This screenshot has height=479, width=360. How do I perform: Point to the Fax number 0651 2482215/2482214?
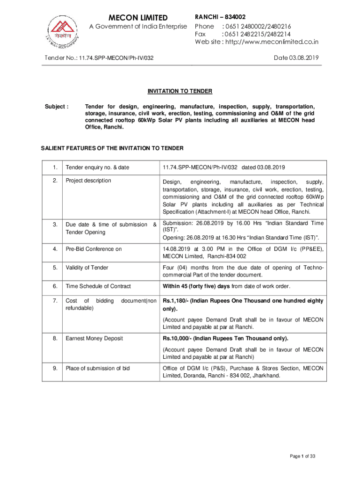coord(256,34)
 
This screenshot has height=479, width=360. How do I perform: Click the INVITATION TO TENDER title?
coord(180,91)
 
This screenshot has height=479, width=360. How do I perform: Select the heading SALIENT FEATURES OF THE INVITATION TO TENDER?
coord(112,148)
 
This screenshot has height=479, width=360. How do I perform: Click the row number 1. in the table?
coord(55,167)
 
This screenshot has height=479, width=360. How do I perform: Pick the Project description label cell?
coord(88,181)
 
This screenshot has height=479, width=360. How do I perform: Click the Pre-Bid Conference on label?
coord(94,249)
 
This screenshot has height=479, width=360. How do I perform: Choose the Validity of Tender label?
coord(87,268)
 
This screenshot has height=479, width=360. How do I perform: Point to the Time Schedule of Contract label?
coord(98,286)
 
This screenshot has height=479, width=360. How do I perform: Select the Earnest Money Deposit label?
coord(94,338)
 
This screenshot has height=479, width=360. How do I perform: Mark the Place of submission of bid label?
coord(98,368)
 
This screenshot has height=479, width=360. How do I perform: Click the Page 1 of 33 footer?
coord(302,456)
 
